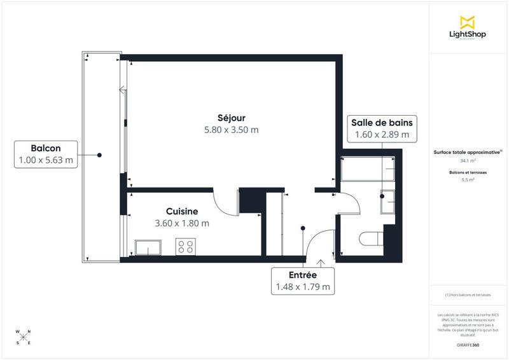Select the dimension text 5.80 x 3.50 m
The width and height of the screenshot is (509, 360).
(x=230, y=130)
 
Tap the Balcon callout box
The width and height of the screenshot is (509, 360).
(x=46, y=154)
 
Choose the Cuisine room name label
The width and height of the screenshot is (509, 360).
(x=182, y=211)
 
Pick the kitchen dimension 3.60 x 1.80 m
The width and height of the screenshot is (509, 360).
(x=182, y=223)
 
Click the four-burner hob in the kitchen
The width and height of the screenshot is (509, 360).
(x=186, y=246)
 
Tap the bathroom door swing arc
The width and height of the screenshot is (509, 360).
(x=350, y=204)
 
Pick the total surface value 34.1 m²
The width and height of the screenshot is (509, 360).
(x=468, y=161)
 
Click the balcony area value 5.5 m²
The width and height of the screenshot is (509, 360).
(x=468, y=180)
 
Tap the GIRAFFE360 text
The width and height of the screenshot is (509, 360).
(x=468, y=345)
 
